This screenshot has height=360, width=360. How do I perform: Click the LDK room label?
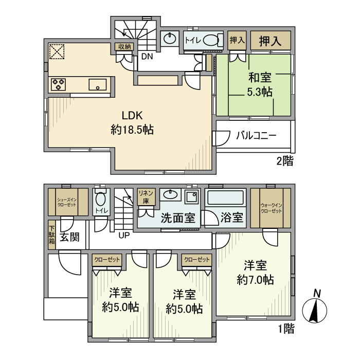point(132,122)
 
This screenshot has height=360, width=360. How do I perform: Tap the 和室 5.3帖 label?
point(260,84)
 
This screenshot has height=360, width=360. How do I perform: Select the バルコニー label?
point(256,135)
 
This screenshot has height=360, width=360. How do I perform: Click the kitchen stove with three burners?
point(58,84)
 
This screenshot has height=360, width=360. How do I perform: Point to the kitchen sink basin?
point(98,84)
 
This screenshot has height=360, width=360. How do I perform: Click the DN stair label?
point(147,57)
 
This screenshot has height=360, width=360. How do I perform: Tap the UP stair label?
point(124,236)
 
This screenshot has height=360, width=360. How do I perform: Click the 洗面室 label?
point(178,218)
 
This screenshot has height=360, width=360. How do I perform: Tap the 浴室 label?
point(232,217)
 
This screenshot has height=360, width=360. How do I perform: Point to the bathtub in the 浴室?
point(225,197)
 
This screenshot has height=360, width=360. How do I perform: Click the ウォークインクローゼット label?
point(271,208)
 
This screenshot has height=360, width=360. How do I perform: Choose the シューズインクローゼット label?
point(66,202)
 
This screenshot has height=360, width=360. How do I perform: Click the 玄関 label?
point(69,237)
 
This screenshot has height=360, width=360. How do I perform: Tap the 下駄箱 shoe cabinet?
point(51,235)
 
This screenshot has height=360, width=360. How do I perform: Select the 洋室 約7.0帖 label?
point(255,273)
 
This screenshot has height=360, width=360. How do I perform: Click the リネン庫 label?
point(146,197)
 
